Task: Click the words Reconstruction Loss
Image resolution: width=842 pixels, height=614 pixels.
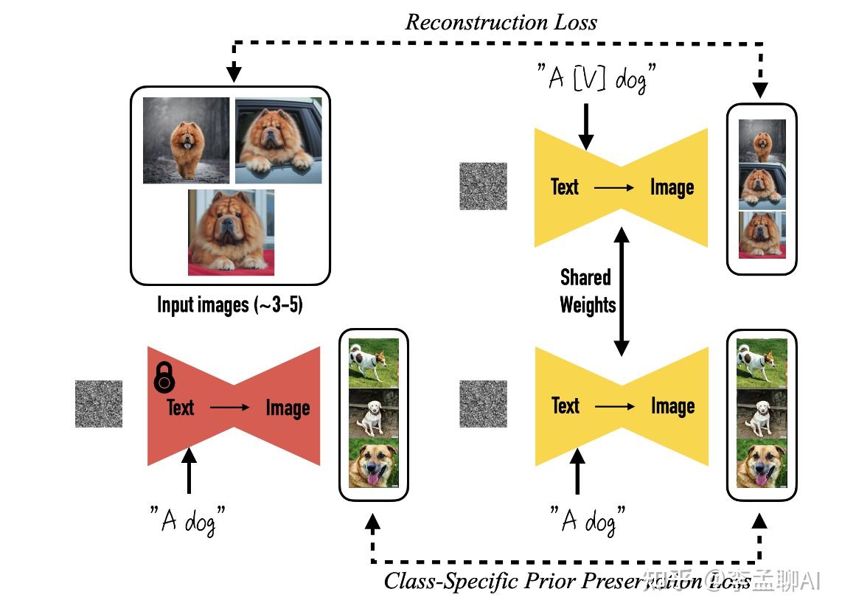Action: click(x=501, y=21)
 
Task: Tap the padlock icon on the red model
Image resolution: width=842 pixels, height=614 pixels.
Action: click(x=164, y=377)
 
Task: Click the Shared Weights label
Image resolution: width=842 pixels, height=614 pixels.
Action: click(x=587, y=291)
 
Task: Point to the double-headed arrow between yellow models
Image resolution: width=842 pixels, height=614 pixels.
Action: click(x=622, y=291)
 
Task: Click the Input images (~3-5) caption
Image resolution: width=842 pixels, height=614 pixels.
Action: click(x=230, y=304)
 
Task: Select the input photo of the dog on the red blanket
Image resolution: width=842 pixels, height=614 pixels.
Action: click(x=231, y=232)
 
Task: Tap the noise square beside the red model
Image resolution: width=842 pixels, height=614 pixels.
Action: click(x=99, y=404)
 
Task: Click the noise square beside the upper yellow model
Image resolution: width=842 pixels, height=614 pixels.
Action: click(x=484, y=186)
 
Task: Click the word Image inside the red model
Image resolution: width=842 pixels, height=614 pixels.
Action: click(x=288, y=408)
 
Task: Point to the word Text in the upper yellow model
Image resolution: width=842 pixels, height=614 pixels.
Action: click(x=565, y=187)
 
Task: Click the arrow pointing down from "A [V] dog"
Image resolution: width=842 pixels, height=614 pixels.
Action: click(x=586, y=125)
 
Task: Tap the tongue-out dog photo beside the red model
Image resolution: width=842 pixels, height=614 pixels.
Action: click(x=373, y=462)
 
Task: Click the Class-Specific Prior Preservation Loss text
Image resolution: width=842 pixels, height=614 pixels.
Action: click(x=568, y=581)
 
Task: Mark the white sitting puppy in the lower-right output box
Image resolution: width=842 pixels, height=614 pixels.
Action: click(x=762, y=414)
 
